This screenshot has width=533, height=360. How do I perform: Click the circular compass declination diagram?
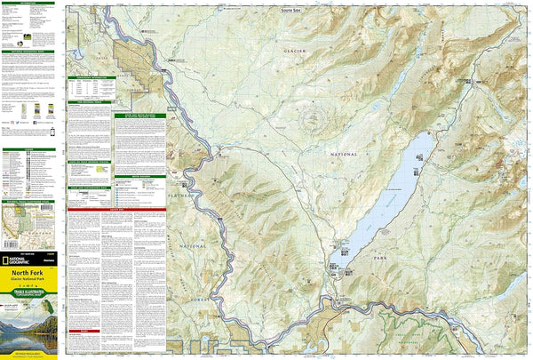(311, 118)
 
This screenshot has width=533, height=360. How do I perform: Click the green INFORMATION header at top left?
(29, 4)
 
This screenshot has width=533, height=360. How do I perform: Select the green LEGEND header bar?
(29, 150)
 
